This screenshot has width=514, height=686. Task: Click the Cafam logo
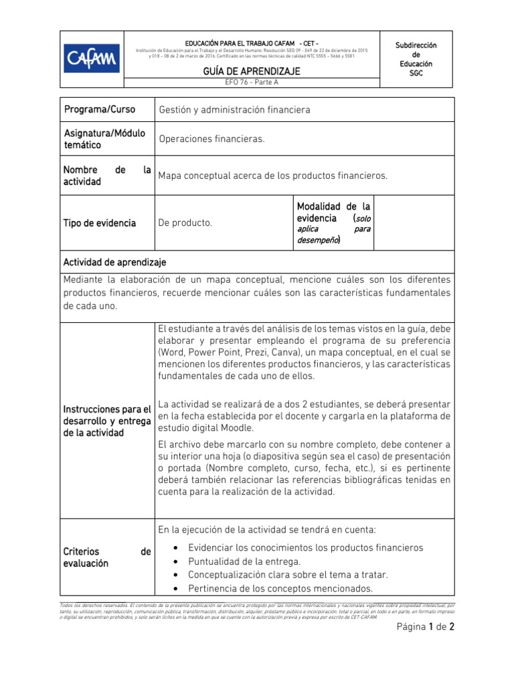pos(92,59)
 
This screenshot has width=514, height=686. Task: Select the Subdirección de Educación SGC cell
pos(416,59)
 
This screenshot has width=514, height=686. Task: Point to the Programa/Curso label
pos(99,109)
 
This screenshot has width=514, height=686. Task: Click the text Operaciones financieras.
pos(212,139)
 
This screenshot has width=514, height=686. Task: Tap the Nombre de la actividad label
pos(107,176)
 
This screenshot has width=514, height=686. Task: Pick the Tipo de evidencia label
pos(99,223)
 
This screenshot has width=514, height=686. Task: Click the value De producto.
pos(185,223)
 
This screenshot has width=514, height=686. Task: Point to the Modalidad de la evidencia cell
pos(333,222)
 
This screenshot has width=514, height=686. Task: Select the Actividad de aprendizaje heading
pos(114,261)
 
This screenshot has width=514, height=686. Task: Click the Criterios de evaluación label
pos(107,557)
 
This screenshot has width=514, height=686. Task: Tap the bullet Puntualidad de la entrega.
pos(244,561)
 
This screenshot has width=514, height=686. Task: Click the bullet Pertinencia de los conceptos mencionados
pos(280,589)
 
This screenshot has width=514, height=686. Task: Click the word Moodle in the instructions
pos(238,427)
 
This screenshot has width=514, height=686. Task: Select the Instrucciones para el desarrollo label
pos(107,421)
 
